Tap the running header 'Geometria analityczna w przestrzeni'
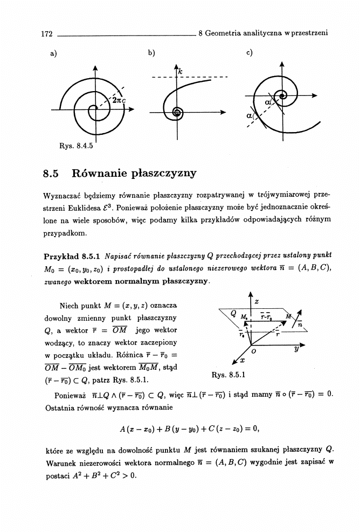[x=267, y=33]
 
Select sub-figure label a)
[x=53, y=53]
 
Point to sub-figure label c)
[x=249, y=53]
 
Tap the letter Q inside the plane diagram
[x=232, y=313]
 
